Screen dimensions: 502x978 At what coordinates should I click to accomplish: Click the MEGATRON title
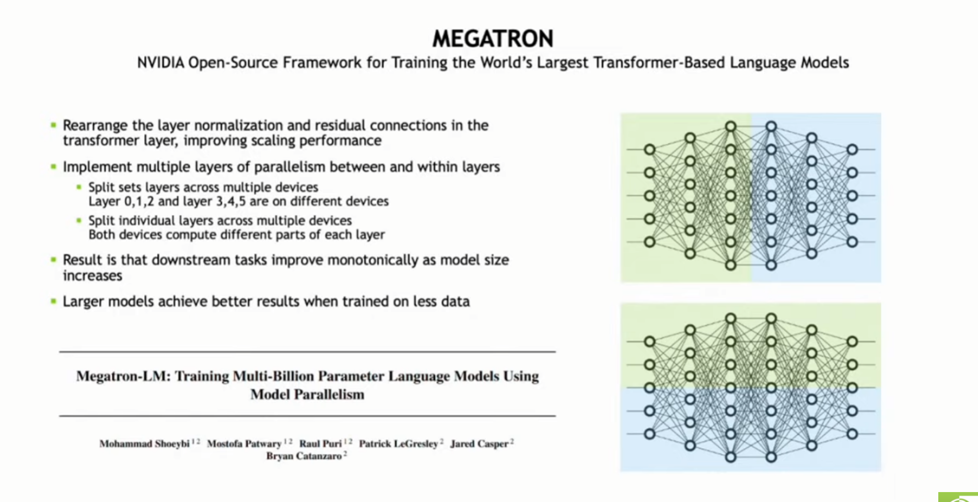[x=492, y=39]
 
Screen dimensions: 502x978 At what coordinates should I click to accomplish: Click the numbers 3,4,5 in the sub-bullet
[x=231, y=202]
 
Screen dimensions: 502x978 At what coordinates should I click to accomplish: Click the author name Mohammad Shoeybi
[x=144, y=444]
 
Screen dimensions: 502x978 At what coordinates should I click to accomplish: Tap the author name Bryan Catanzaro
[x=304, y=456]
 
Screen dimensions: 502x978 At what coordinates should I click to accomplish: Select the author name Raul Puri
[x=320, y=444]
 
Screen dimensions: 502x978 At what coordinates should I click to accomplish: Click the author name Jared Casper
[x=479, y=444]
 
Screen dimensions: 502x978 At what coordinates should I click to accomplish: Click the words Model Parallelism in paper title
[x=307, y=394]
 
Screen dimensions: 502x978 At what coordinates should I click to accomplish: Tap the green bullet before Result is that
[x=53, y=260]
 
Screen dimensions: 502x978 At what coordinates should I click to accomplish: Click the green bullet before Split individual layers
[x=79, y=220]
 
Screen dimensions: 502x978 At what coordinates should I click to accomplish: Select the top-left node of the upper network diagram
[x=649, y=150]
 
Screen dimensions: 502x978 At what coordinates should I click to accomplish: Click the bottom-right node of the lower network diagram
[x=852, y=434]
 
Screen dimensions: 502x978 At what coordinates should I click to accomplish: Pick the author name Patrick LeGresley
[x=398, y=444]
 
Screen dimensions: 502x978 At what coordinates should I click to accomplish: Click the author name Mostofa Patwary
[x=244, y=444]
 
